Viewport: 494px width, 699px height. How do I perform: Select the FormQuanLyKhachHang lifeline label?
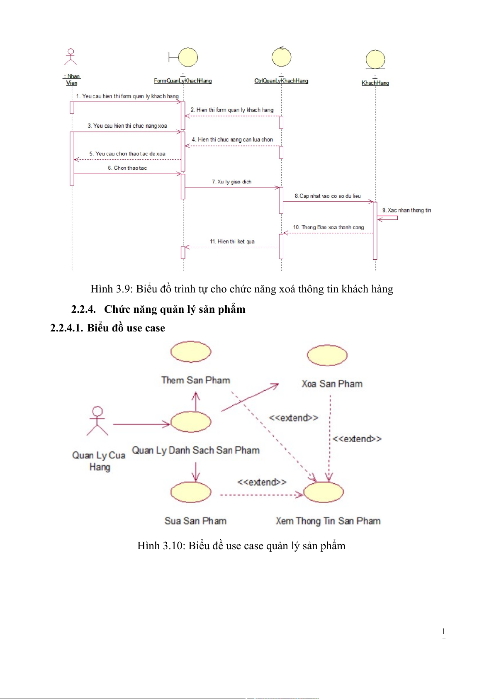[x=183, y=81]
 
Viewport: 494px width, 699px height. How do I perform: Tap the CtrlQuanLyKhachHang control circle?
[x=281, y=57]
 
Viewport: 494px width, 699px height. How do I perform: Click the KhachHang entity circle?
[x=375, y=59]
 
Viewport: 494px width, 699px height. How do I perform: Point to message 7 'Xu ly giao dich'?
[x=231, y=182]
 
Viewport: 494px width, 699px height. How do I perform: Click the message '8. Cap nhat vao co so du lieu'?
[x=327, y=196]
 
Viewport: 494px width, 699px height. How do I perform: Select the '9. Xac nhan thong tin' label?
[x=406, y=210]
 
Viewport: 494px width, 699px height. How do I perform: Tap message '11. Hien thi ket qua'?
[x=232, y=241]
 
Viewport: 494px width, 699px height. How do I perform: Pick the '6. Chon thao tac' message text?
[x=127, y=168]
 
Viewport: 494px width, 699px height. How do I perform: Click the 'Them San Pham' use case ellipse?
[x=191, y=352]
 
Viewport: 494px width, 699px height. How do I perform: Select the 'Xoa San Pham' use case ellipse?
[x=327, y=356]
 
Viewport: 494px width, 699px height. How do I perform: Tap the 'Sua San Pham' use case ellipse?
[x=191, y=492]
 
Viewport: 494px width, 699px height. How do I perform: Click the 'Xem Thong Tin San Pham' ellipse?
[x=324, y=492]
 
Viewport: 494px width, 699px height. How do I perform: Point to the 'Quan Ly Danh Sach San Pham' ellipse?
[x=191, y=422]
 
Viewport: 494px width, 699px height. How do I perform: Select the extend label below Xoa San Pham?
[x=357, y=439]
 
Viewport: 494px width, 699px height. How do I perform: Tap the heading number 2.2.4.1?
[x=66, y=328]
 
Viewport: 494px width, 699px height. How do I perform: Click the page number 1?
[x=443, y=632]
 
